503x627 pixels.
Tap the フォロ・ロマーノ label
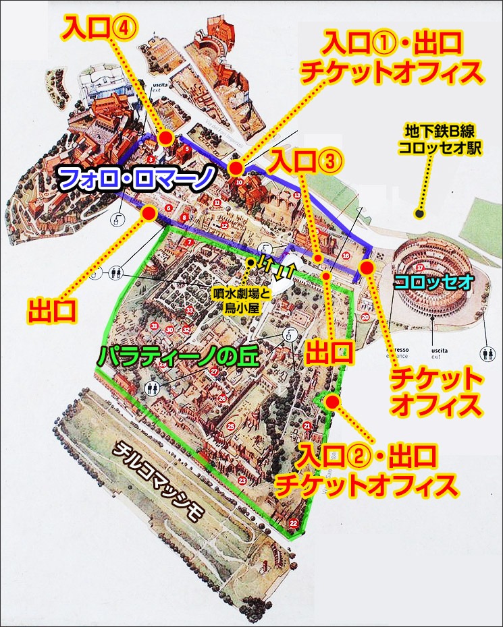tap(137, 179)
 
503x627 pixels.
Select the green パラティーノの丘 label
tap(178, 355)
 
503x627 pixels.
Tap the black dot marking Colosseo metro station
tap(419, 214)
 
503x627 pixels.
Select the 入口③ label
tap(307, 162)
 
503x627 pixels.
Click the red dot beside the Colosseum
tap(367, 268)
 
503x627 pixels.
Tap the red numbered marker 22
tap(294, 522)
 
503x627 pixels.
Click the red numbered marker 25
tap(231, 426)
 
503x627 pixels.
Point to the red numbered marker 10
tap(240, 181)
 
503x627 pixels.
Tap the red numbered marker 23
tap(242, 480)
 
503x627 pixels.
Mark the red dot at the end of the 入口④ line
tap(164, 138)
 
